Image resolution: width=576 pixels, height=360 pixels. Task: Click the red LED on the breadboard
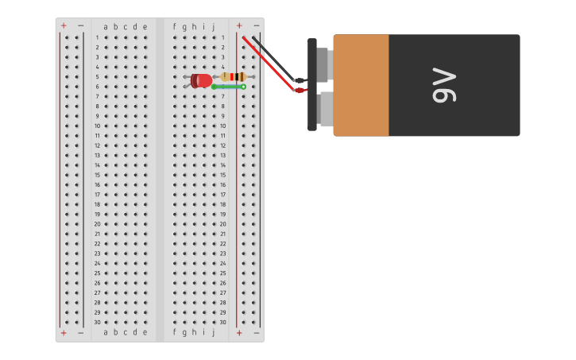(x=202, y=80)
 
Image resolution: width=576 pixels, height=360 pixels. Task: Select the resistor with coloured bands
(x=233, y=76)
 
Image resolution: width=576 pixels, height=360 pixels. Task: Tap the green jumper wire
(x=228, y=87)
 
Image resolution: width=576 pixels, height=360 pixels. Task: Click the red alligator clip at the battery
(x=300, y=91)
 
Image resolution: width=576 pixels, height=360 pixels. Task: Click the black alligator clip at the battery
(x=300, y=80)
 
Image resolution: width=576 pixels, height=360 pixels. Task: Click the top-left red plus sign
(x=64, y=25)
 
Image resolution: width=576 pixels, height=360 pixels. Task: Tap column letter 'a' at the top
(x=106, y=26)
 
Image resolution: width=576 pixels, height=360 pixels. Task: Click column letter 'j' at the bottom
(x=213, y=332)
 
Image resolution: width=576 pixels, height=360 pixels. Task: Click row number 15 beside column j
(x=223, y=175)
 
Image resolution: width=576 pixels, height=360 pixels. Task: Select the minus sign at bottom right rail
(x=256, y=332)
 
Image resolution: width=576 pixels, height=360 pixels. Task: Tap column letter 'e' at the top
(x=145, y=26)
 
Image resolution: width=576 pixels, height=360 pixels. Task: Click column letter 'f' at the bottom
(x=175, y=332)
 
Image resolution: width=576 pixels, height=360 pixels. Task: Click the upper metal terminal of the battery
(x=323, y=64)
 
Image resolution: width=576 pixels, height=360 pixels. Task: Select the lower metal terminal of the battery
(x=325, y=109)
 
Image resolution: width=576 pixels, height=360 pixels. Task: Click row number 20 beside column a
(x=98, y=224)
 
